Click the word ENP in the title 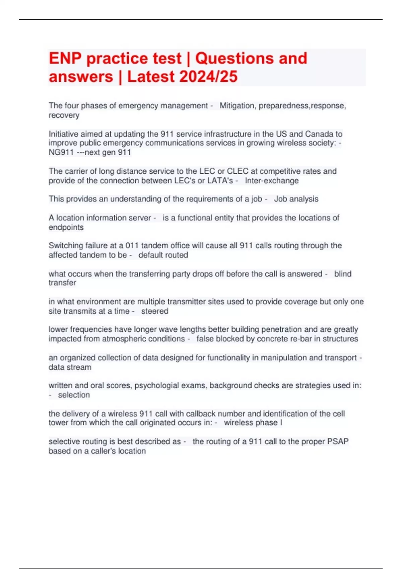point(65,59)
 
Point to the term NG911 point(61,153)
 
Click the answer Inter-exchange point(272,181)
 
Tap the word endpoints point(66,227)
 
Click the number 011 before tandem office point(132,246)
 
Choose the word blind point(343,274)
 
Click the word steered point(155,311)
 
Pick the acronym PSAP point(338,441)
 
